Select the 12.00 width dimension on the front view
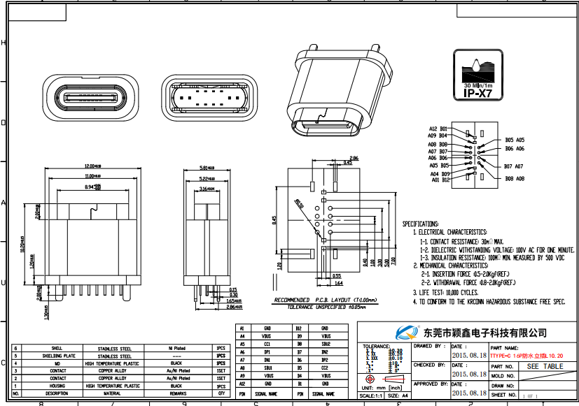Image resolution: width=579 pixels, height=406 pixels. [90, 166]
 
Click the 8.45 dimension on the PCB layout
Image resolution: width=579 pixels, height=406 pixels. [275, 219]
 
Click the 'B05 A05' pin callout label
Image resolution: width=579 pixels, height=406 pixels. [515, 140]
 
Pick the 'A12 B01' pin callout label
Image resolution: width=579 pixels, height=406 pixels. [438, 129]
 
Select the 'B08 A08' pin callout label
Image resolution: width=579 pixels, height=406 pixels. [515, 179]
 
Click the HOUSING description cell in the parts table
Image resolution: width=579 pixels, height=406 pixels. [57, 386]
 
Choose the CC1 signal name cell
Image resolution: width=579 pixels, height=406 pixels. [267, 345]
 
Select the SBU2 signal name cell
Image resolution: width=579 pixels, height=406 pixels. [325, 345]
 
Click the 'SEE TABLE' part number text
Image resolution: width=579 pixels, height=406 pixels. [544, 366]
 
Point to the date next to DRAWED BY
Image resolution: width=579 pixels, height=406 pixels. [469, 355]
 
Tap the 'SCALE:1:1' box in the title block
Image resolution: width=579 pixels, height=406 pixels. [371, 396]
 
